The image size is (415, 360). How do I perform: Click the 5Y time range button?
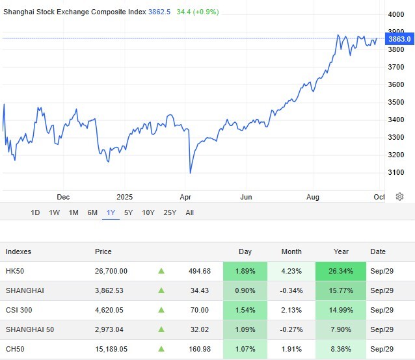click(128, 212)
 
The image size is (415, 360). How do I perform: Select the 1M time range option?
click(74, 212)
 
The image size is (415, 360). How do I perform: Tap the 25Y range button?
click(170, 212)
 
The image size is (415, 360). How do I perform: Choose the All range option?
click(189, 212)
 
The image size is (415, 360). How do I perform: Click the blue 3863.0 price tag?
click(399, 39)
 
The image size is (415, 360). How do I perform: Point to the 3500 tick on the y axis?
click(395, 102)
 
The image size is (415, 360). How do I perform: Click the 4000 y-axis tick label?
click(395, 14)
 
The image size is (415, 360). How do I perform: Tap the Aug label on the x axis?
click(312, 196)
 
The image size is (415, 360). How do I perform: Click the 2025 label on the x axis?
click(124, 196)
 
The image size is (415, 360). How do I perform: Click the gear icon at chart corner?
click(399, 196)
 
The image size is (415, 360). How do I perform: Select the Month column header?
click(292, 251)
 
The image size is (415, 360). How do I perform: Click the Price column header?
click(103, 251)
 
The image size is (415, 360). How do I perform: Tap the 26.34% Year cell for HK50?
click(341, 271)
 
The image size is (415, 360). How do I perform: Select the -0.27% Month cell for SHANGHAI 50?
click(291, 329)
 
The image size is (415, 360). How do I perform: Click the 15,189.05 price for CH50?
click(111, 349)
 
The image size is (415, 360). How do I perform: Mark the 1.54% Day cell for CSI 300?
click(245, 310)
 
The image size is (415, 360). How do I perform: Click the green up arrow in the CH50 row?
click(161, 349)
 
